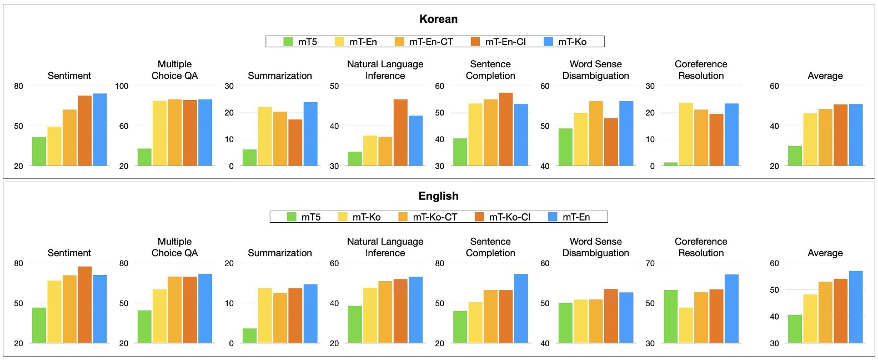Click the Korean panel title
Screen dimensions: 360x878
pos(438,19)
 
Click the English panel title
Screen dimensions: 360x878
pos(438,196)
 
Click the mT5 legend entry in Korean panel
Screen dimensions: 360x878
pos(300,42)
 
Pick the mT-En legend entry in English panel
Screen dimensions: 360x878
pos(569,217)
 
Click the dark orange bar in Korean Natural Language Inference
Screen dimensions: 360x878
pos(400,133)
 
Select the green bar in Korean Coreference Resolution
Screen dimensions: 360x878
pos(671,164)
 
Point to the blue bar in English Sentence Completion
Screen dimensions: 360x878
pos(521,308)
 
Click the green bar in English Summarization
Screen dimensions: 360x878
pos(249,336)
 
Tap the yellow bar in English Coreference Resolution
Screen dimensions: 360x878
pos(686,325)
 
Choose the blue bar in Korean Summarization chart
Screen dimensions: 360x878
pos(310,134)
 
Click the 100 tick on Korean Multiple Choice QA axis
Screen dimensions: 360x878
pos(122,86)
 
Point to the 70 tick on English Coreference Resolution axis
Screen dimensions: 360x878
pos(650,263)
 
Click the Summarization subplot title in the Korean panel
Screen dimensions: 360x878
pos(279,76)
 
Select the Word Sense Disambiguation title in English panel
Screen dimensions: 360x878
pos(595,247)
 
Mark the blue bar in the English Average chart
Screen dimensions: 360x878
pos(856,307)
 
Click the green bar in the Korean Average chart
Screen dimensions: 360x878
pos(795,156)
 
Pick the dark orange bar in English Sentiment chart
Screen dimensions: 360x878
pos(84,304)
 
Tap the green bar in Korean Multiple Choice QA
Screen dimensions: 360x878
pos(144,157)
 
